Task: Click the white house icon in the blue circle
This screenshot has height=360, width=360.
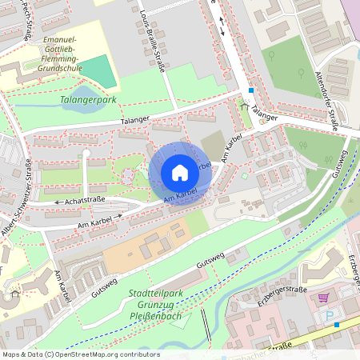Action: (x=180, y=173)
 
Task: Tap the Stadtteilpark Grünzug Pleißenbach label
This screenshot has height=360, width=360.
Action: (x=155, y=304)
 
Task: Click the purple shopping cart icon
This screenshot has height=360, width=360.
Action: (x=323, y=298)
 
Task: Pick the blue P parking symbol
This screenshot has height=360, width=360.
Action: (x=331, y=317)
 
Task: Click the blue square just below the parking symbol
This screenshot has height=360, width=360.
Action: (x=337, y=326)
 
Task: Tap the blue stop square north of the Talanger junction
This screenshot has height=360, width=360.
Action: (x=250, y=90)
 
